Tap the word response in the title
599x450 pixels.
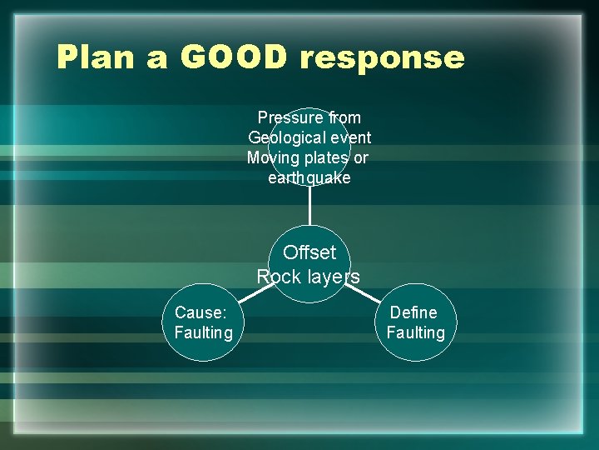click(x=382, y=58)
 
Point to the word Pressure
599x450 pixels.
click(x=291, y=117)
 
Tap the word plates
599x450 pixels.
click(x=328, y=157)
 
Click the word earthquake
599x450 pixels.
click(x=309, y=178)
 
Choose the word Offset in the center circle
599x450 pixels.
click(x=309, y=252)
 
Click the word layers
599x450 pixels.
click(x=333, y=277)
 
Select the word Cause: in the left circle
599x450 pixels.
click(x=200, y=312)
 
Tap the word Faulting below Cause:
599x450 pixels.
click(x=203, y=332)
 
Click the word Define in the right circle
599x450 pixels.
click(x=413, y=312)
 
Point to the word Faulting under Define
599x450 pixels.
click(x=415, y=332)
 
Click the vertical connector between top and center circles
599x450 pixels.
click(x=309, y=205)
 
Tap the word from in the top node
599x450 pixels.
click(x=344, y=117)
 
